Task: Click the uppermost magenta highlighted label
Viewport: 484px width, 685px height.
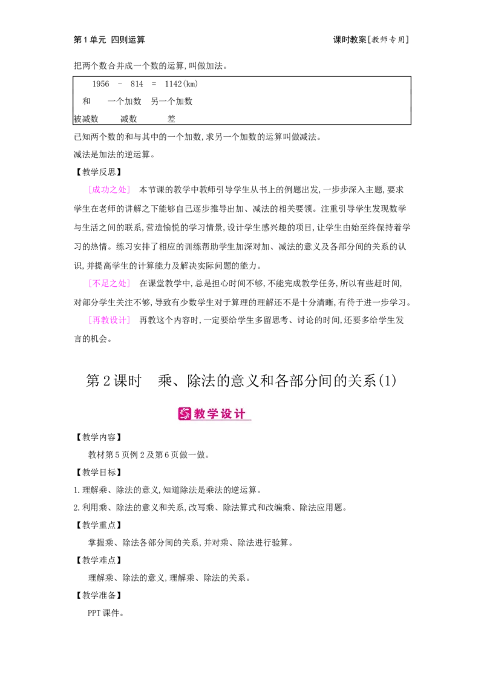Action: pyautogui.click(x=109, y=189)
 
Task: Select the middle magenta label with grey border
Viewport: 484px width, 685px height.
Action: pyautogui.click(x=109, y=283)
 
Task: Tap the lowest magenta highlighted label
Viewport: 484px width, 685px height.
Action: pyautogui.click(x=109, y=320)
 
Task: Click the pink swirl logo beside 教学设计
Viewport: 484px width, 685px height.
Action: pyautogui.click(x=185, y=414)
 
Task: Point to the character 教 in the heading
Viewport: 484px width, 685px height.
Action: pyautogui.click(x=201, y=414)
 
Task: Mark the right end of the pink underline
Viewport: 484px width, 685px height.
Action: pyautogui.click(x=250, y=421)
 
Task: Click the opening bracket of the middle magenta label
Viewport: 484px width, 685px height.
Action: pyautogui.click(x=90, y=283)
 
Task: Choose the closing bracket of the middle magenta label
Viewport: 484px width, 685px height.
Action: pyautogui.click(x=128, y=283)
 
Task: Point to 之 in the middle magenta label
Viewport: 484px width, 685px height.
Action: pyautogui.click(x=113, y=283)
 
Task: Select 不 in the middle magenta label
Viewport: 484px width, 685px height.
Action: pyautogui.click(x=97, y=283)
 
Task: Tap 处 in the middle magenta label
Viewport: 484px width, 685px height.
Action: pyautogui.click(x=121, y=283)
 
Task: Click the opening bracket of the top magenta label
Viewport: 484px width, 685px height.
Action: pyautogui.click(x=90, y=189)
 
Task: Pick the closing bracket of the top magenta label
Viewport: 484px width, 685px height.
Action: pyautogui.click(x=128, y=189)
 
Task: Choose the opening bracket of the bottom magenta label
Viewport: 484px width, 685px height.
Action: pyautogui.click(x=90, y=320)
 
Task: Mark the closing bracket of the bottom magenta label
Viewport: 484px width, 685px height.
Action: pyautogui.click(x=128, y=320)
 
